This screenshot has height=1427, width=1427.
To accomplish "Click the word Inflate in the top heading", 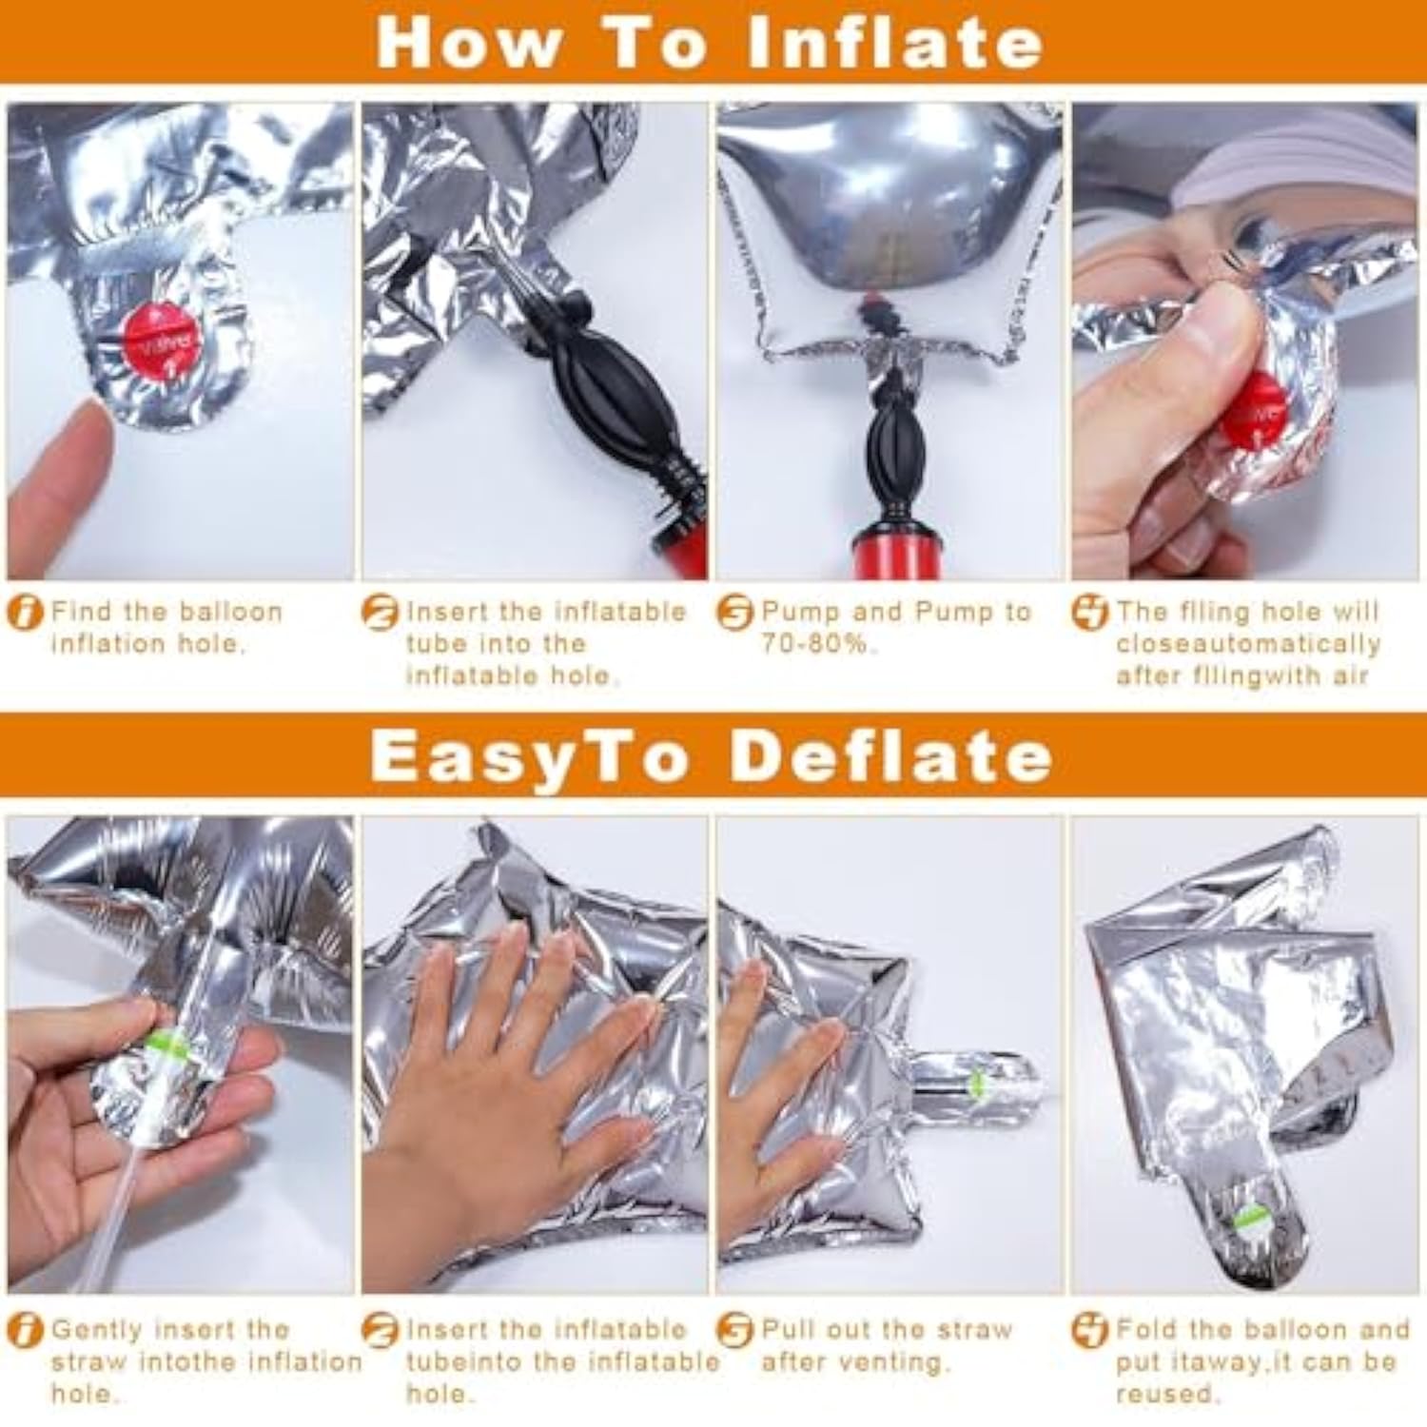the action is (x=895, y=42).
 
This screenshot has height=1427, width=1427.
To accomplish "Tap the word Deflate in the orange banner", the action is (x=890, y=756).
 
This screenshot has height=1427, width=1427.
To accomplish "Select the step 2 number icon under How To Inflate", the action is (x=380, y=612).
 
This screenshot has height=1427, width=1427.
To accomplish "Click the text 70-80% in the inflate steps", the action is (x=814, y=644).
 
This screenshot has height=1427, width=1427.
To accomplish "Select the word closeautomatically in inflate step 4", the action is (x=1248, y=644).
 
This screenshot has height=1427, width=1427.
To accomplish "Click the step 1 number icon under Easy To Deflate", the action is (x=25, y=1330).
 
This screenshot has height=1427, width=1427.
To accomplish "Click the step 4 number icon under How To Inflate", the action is (x=1090, y=612).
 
